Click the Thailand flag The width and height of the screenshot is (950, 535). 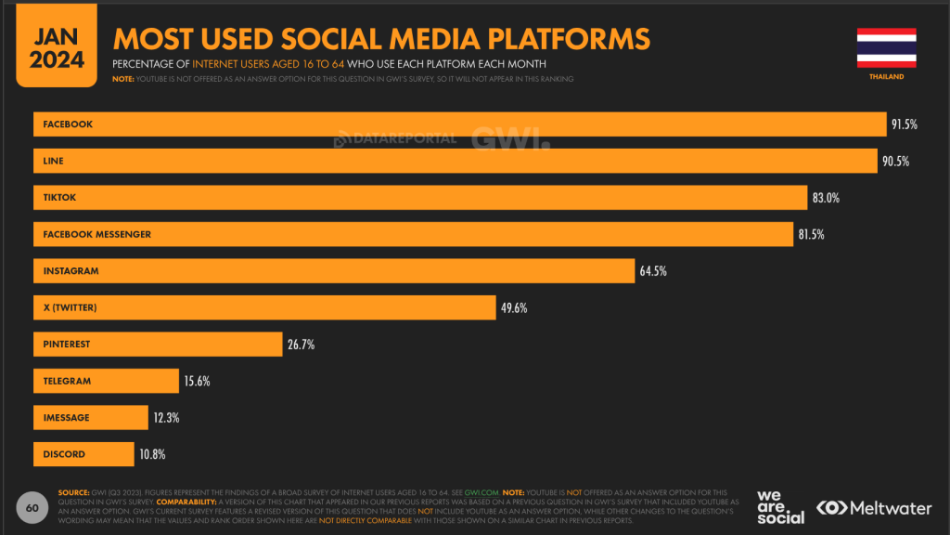click(886, 47)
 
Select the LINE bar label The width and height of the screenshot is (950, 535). click(54, 161)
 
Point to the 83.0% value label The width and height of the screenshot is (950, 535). click(826, 198)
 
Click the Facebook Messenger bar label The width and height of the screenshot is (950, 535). click(96, 234)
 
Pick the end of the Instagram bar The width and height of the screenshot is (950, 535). click(633, 271)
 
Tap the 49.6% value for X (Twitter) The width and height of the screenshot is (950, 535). click(514, 307)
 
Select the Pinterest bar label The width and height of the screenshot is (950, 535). click(67, 345)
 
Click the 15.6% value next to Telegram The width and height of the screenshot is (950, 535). click(197, 381)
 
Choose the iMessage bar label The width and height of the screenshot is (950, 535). click(66, 418)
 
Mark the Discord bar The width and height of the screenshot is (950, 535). click(83, 454)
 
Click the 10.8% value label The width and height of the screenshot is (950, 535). click(153, 454)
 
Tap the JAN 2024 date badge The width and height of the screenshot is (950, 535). click(57, 48)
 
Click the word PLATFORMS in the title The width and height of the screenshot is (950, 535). click(571, 39)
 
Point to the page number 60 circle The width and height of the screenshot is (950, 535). click(32, 508)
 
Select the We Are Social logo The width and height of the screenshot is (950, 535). click(780, 507)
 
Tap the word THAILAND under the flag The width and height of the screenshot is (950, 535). click(886, 77)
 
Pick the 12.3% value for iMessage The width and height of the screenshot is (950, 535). click(166, 418)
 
